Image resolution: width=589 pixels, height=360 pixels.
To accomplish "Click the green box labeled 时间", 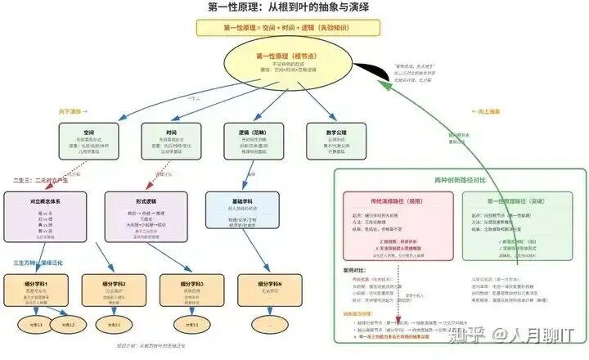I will click(x=171, y=142).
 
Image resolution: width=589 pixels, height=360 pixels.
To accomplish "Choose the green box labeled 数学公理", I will click(x=336, y=142).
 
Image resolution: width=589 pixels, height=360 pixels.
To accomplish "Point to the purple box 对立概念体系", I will click(x=46, y=215).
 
